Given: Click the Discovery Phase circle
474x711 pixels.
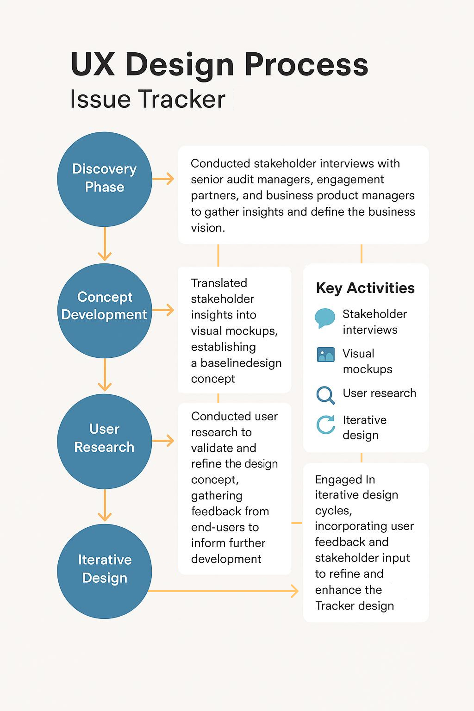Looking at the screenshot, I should click(x=105, y=179).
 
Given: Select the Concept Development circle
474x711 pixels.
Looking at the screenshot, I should click(x=105, y=310).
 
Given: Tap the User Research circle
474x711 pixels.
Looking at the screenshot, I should click(x=105, y=441).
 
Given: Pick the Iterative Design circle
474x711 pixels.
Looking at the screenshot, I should click(x=105, y=571).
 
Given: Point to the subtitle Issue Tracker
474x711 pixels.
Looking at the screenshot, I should click(x=148, y=99).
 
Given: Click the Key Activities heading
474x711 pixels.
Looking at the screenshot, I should click(x=365, y=288).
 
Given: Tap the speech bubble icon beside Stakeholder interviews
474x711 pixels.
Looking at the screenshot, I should click(x=324, y=318).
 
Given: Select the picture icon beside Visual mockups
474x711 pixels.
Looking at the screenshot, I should click(x=325, y=355).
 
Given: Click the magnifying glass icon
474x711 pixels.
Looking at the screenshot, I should click(x=325, y=395).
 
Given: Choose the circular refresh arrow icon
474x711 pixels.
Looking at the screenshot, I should click(x=326, y=424).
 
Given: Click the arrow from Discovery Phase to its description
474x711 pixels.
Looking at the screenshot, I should click(x=163, y=179).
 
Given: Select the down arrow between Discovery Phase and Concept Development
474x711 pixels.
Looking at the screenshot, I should click(x=105, y=244).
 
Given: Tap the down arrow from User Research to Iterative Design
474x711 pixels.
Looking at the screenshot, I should click(x=105, y=505).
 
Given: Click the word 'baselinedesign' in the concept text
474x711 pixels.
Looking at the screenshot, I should click(x=241, y=363).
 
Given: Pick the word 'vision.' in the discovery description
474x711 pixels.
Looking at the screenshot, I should click(x=208, y=228).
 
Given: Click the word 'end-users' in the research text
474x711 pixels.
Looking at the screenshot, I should click(x=218, y=527).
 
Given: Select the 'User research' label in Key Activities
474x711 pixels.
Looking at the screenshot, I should click(x=379, y=393).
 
